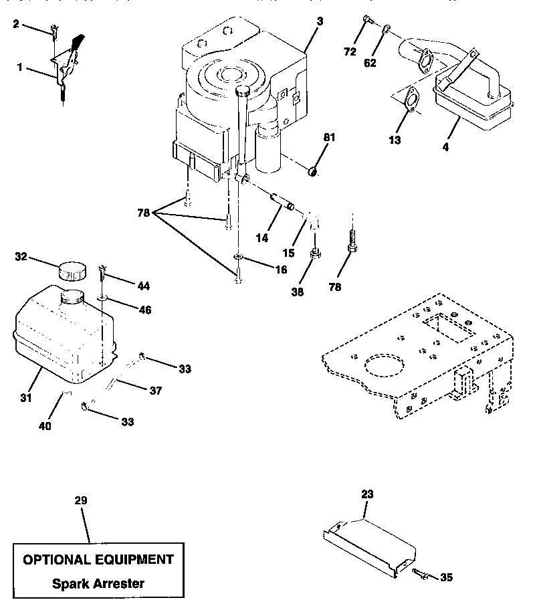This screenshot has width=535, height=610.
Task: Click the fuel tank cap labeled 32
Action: coord(72,271)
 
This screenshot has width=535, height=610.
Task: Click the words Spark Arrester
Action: coord(98,583)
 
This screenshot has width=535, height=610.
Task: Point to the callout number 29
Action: coord(81,500)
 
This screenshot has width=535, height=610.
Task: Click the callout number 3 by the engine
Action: coord(320,22)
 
